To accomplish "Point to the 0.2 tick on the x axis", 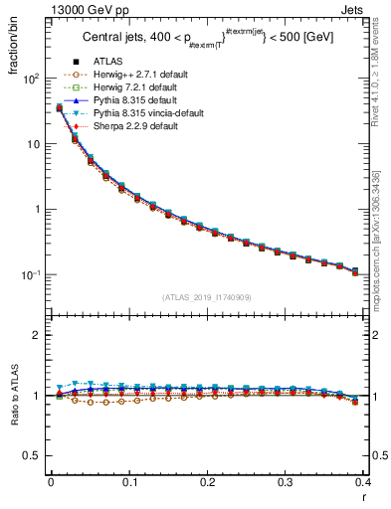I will [207, 482].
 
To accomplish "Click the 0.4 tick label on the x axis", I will [365, 482].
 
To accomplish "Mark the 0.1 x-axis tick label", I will [128, 482].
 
